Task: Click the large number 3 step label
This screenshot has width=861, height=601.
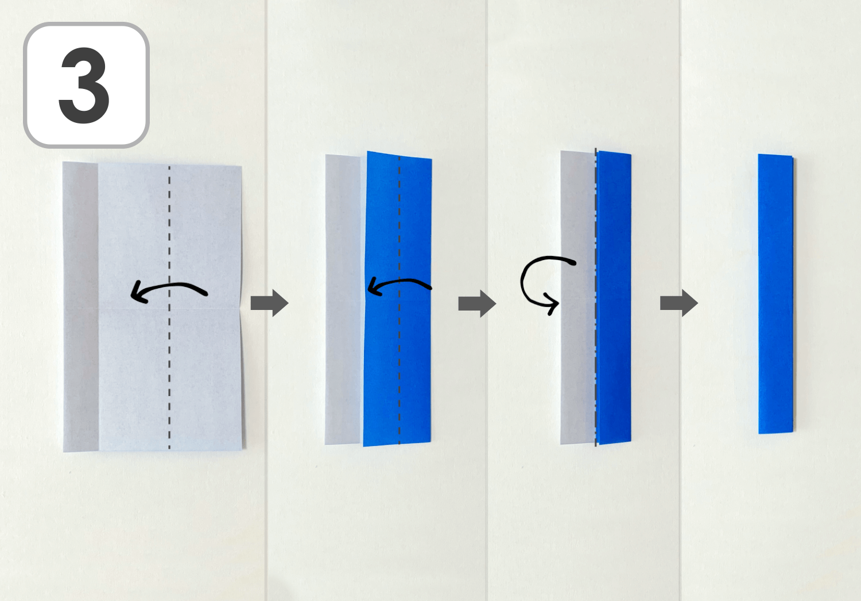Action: (x=84, y=85)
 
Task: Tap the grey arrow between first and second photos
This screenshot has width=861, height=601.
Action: (x=269, y=303)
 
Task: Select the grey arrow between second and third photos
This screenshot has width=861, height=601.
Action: (x=477, y=304)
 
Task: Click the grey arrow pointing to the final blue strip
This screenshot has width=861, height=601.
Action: (x=679, y=304)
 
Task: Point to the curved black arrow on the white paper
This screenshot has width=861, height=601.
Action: (x=169, y=285)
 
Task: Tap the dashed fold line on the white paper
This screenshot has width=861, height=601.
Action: (x=169, y=308)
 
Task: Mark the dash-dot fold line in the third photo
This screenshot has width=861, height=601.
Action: (x=596, y=297)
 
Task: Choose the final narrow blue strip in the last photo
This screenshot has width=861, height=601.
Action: (x=775, y=294)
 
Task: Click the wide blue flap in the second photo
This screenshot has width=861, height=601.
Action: (x=398, y=298)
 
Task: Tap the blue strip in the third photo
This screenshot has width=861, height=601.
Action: (x=614, y=298)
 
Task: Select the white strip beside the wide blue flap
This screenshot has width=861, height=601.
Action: (x=343, y=300)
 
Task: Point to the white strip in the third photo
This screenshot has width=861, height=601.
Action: (x=578, y=297)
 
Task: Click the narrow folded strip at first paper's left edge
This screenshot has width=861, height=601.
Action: (x=81, y=307)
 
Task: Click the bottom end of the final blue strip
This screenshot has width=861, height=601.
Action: (x=775, y=432)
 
